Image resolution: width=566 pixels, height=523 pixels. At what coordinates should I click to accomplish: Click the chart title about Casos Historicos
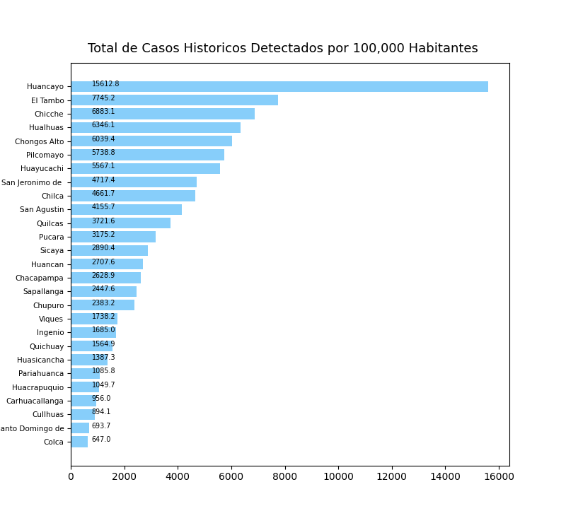coord(282,49)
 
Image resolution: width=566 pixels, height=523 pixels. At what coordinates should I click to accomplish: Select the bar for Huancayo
coord(279,86)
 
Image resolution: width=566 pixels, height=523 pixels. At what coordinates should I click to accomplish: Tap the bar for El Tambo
coord(174,100)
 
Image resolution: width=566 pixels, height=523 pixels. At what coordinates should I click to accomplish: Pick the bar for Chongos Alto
coord(151,141)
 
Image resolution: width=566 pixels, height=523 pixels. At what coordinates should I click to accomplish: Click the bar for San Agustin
coord(126,210)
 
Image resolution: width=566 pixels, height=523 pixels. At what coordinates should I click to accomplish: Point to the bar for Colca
coord(79,442)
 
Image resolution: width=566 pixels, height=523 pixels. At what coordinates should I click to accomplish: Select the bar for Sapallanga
coord(103,292)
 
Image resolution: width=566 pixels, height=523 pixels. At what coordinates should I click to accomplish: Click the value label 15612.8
coord(105,84)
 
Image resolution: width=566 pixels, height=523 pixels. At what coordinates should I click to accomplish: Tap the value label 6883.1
coord(103,112)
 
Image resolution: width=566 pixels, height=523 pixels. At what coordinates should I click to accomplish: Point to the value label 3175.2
coord(103,235)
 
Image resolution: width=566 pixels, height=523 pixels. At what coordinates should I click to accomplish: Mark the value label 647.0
coord(101,440)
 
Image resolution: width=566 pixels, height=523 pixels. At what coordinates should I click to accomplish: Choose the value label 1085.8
coord(103,371)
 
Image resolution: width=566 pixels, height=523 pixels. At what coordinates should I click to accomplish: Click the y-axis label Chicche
coord(49,114)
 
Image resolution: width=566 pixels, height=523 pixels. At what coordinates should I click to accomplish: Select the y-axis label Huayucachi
coord(42,168)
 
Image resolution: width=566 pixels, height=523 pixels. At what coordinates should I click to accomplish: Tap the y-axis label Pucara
coord(51,237)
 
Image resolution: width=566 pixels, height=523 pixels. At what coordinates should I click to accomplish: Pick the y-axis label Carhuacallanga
coord(35,401)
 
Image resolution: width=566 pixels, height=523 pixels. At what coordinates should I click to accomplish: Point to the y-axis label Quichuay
coord(46,346)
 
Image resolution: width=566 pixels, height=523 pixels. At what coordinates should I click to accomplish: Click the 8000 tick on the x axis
coord(284,477)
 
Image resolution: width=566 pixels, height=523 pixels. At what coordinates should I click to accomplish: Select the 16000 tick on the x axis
coord(499,477)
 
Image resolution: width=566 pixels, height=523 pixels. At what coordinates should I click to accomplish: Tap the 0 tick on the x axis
coord(71,477)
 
